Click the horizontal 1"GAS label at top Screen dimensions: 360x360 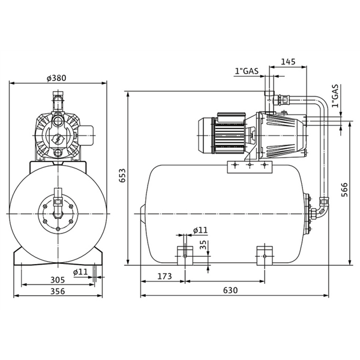pyautogui.click(x=247, y=71)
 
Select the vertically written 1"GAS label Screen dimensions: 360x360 pyautogui.click(x=335, y=97)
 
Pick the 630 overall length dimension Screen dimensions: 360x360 pyautogui.click(x=230, y=290)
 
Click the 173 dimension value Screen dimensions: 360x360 pyautogui.click(x=163, y=276)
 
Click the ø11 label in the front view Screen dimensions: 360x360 pyautogui.click(x=81, y=272)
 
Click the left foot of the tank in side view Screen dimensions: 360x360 pyautogui.click(x=185, y=254)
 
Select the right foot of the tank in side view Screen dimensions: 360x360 pyautogui.click(x=265, y=254)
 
